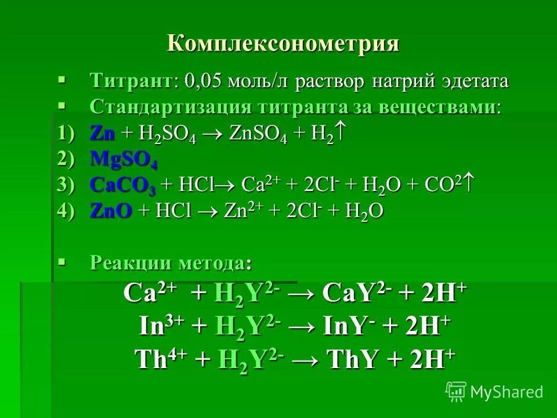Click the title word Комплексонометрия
pos(283,44)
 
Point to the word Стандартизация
pos(171,107)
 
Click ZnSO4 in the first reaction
pos(256,134)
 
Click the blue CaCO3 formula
pos(122,186)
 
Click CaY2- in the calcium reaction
pos(350,293)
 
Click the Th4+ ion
pos(162,359)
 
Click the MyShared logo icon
pos(456,391)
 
